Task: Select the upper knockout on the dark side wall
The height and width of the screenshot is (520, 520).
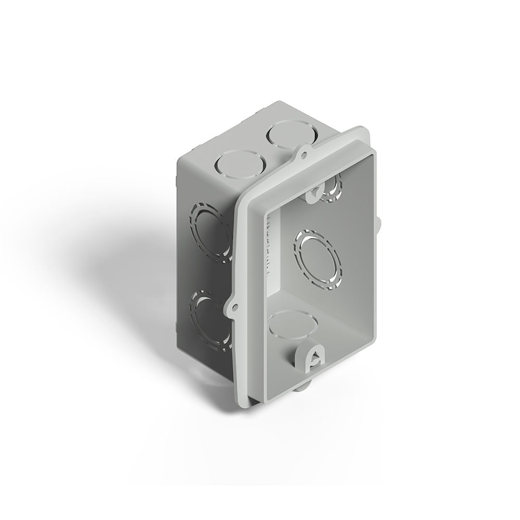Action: [211, 231]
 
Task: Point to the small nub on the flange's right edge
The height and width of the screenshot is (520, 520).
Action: [379, 224]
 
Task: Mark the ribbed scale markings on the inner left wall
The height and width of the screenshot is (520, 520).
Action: [269, 244]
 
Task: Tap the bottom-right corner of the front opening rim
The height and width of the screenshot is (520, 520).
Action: [374, 341]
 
